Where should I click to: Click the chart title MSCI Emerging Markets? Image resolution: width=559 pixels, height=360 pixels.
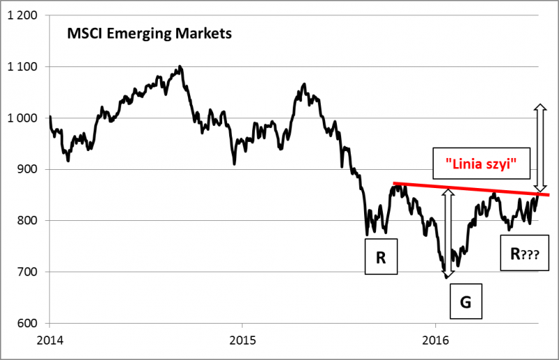[148, 33]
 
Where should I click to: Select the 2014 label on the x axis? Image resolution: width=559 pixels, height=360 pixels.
[50, 343]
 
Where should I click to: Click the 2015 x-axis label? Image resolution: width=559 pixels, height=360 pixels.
[242, 343]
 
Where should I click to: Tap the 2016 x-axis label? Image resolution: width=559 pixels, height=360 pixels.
[435, 343]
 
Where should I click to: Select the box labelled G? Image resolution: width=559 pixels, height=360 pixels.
[465, 303]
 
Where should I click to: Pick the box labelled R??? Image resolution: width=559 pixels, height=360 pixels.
[524, 256]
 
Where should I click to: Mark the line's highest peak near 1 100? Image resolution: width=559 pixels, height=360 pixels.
[180, 67]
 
